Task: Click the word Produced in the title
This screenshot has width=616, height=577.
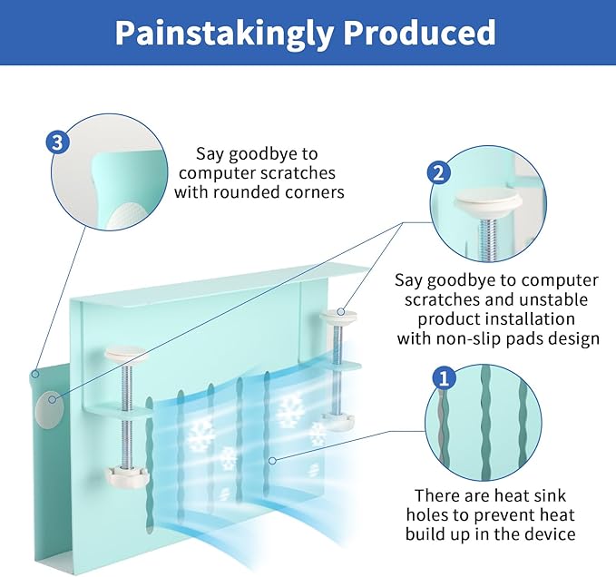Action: pyautogui.click(x=422, y=33)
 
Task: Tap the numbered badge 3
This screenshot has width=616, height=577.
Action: pyautogui.click(x=57, y=142)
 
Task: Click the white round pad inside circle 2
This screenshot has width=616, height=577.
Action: pyautogui.click(x=487, y=200)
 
